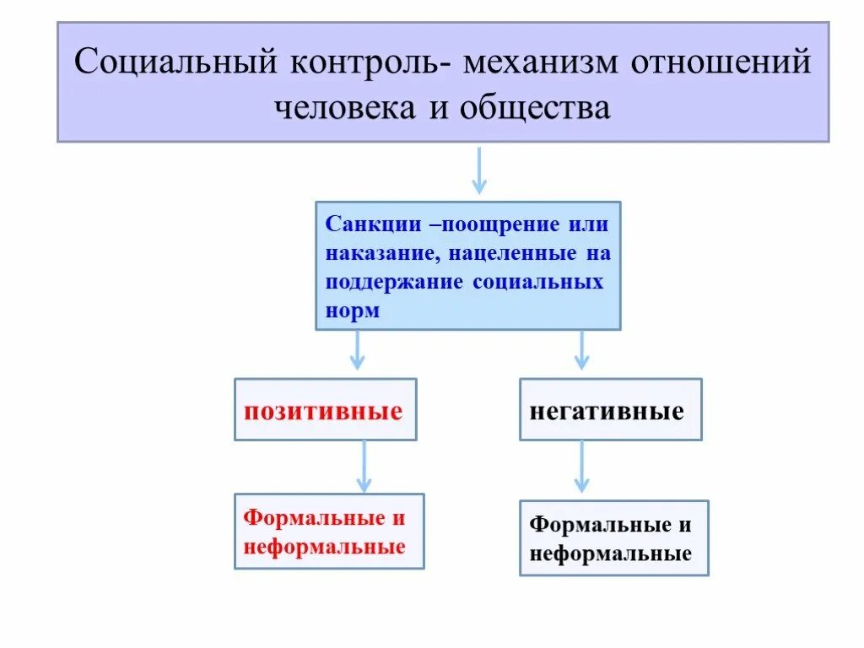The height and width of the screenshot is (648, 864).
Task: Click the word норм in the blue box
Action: [x=353, y=310]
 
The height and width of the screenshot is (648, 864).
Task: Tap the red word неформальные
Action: [x=324, y=547]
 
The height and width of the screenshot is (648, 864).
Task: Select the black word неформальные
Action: [x=610, y=553]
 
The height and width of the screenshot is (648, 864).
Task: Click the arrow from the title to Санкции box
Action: [x=478, y=171]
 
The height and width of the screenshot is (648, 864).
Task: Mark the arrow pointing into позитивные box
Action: [x=357, y=350]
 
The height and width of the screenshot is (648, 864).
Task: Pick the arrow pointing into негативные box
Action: [x=580, y=350]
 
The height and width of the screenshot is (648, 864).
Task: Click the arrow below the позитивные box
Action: [x=364, y=466]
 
